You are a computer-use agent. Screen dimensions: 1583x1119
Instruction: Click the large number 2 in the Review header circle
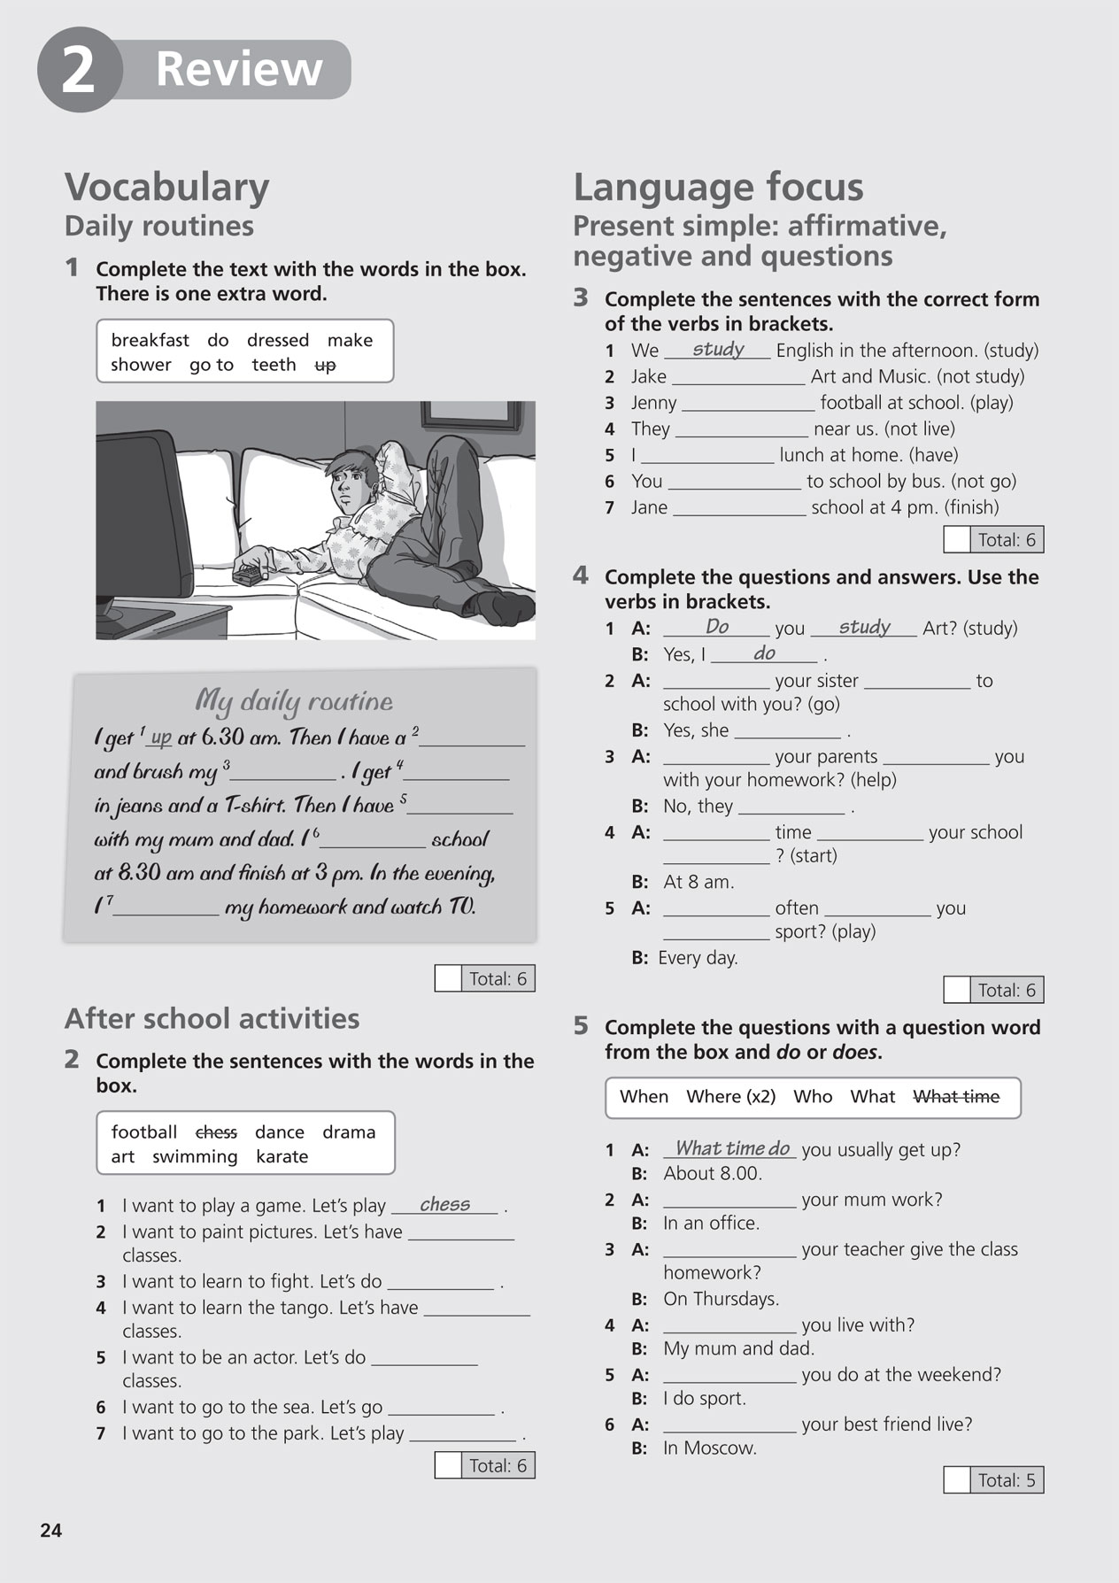pyautogui.click(x=78, y=71)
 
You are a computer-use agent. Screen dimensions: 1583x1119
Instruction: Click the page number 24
pyautogui.click(x=51, y=1530)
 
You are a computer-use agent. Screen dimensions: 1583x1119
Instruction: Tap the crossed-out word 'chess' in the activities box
pyautogui.click(x=216, y=1131)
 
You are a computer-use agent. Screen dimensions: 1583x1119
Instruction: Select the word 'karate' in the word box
pyautogui.click(x=282, y=1156)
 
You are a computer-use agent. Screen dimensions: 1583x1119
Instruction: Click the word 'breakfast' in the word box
pyautogui.click(x=150, y=340)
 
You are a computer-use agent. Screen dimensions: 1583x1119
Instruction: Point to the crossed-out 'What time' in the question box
pyautogui.click(x=955, y=1096)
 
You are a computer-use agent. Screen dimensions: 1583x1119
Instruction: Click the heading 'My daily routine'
pyautogui.click(x=294, y=701)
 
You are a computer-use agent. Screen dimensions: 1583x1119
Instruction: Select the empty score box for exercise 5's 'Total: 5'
pyautogui.click(x=956, y=1479)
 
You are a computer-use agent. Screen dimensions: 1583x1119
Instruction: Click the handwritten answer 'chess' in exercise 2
pyautogui.click(x=444, y=1204)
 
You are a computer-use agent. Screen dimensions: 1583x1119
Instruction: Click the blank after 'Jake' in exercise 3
pyautogui.click(x=738, y=378)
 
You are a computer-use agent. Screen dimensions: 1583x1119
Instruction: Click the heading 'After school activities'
pyautogui.click(x=212, y=1018)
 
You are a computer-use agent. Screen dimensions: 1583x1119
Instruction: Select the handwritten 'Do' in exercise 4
pyautogui.click(x=717, y=627)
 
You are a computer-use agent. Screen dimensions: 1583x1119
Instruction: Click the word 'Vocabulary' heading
pyautogui.click(x=167, y=187)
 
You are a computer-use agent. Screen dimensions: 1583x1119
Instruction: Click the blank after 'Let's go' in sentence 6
pyautogui.click(x=441, y=1408)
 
